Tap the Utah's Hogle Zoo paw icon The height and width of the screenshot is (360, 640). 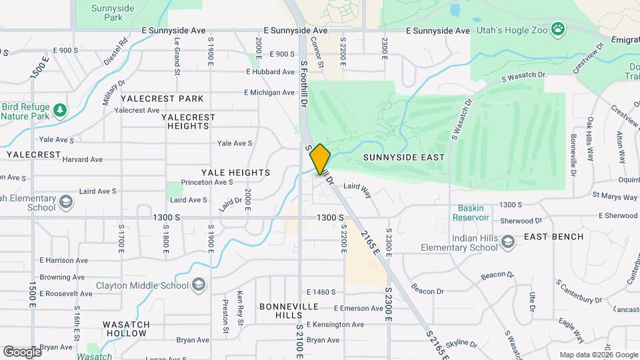[x=557, y=29]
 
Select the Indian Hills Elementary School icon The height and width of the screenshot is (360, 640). [x=508, y=241]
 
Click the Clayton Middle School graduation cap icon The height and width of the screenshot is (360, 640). [x=198, y=285]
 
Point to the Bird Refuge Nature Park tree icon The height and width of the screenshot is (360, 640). [x=59, y=109]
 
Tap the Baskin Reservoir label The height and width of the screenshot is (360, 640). [x=471, y=213]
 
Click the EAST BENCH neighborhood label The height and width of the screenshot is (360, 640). [x=553, y=237]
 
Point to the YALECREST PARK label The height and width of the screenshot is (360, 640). [x=162, y=99]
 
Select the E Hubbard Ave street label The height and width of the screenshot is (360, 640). [x=270, y=72]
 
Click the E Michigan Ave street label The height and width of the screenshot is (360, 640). [x=269, y=92]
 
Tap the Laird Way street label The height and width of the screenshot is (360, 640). [x=357, y=190]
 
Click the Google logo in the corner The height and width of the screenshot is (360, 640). [x=22, y=352]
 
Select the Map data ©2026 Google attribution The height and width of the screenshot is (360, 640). [x=598, y=355]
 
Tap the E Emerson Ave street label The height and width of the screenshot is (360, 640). [x=359, y=308]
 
